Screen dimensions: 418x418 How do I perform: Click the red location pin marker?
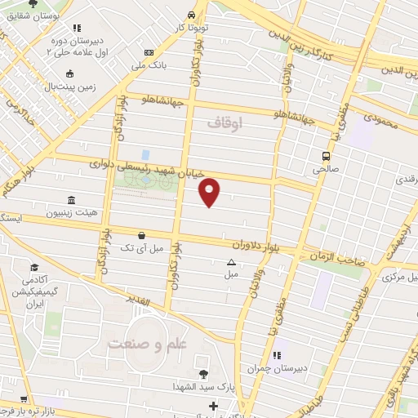tap(211, 189)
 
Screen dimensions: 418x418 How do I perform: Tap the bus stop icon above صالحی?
tap(326, 156)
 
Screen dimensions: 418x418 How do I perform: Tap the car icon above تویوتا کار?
tap(191, 15)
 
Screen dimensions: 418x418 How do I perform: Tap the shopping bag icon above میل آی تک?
tap(142, 234)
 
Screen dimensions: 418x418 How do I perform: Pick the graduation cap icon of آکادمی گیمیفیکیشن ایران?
tap(35, 268)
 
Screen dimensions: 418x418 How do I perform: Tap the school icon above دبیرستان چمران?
tap(277, 355)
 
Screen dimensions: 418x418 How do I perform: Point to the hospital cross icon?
tap(213, 406)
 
